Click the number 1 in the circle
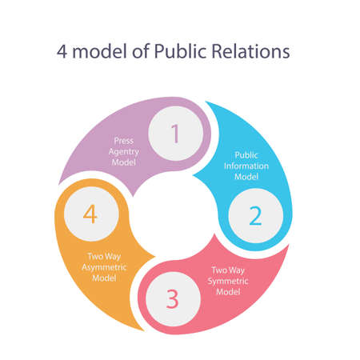(x=176, y=134)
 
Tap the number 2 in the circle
(x=255, y=216)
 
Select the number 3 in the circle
(x=173, y=298)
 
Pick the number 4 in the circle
(x=91, y=214)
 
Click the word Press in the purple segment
(x=123, y=139)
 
